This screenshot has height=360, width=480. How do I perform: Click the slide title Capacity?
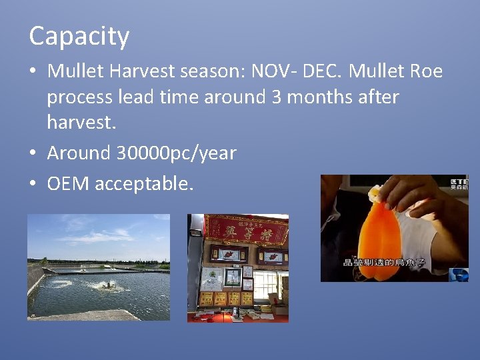click(x=79, y=37)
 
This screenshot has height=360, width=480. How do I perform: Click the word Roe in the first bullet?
click(x=427, y=71)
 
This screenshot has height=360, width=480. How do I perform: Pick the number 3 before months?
click(x=277, y=97)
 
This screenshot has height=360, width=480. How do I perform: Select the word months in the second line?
click(x=322, y=97)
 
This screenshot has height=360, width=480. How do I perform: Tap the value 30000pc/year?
click(x=176, y=153)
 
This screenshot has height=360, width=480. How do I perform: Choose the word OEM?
click(x=69, y=183)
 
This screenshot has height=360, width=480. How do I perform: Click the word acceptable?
click(x=144, y=183)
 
